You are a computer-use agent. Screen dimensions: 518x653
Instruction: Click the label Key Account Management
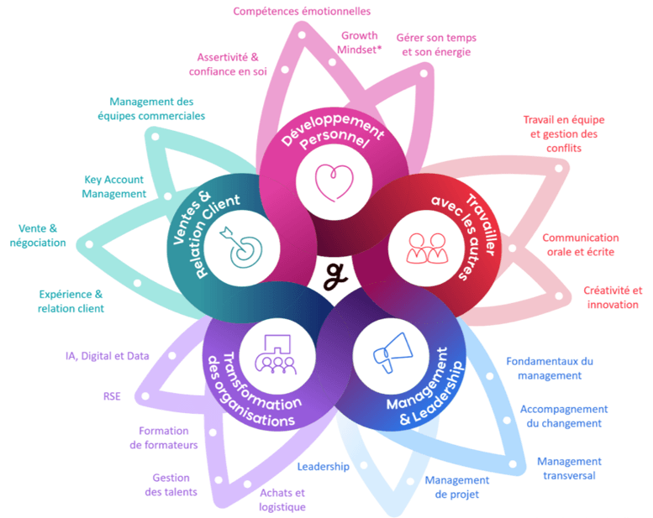point(113,186)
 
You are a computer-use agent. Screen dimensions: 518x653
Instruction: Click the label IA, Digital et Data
point(107,355)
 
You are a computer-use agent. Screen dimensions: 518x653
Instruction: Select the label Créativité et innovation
point(613,297)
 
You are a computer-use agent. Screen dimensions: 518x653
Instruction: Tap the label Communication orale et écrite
point(580,244)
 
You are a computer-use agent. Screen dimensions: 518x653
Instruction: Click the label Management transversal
point(569,468)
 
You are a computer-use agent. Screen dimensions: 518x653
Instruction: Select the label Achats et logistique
point(282,500)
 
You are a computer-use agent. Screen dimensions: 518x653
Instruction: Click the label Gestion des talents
point(171,484)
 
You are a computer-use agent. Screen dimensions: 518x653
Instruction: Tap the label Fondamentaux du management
point(549,368)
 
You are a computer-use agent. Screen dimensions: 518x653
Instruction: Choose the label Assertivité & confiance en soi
point(227,65)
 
